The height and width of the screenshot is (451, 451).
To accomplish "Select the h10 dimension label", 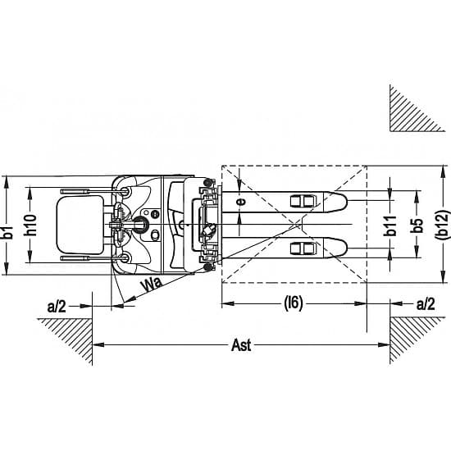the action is point(30,225).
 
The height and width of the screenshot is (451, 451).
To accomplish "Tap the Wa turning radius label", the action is point(152,284).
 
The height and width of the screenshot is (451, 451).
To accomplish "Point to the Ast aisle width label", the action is point(241,345).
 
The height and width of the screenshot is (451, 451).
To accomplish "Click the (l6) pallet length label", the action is point(294,303).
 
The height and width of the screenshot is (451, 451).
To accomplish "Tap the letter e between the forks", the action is point(241,202).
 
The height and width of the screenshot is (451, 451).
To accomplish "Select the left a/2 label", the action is point(57,307).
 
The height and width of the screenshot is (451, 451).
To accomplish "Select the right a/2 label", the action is point(426,304).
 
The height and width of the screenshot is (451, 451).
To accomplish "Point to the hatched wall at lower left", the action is point(73,334).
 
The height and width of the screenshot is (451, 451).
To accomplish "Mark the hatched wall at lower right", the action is point(408,334).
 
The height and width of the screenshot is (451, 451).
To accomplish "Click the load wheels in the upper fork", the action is point(303,202).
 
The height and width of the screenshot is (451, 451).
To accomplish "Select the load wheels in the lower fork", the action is point(303,248).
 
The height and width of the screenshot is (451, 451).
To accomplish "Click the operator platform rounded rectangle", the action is point(80,225).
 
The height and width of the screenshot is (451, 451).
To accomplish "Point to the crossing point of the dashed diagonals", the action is point(294,224).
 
